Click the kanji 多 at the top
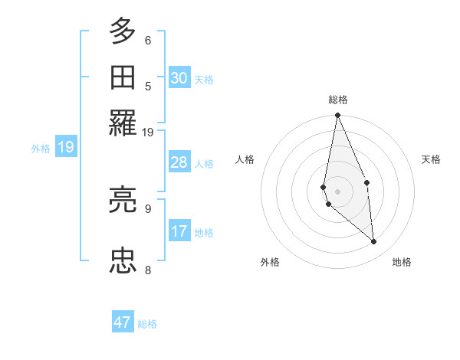click(x=123, y=31)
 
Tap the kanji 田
click(x=123, y=78)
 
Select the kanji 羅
click(x=123, y=123)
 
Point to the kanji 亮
click(x=123, y=201)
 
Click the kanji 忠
click(x=123, y=261)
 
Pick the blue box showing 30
click(x=179, y=77)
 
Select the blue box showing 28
click(x=179, y=162)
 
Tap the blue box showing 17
click(x=179, y=231)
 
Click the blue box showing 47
click(x=123, y=322)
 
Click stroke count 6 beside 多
click(x=148, y=40)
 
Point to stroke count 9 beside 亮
click(x=148, y=208)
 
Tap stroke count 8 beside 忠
click(x=148, y=269)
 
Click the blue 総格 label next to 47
click(x=147, y=324)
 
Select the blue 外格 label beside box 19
click(x=41, y=149)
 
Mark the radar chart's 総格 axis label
click(x=337, y=100)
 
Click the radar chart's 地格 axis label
click(x=402, y=262)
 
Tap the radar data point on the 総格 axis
click(x=337, y=116)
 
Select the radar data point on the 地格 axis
click(x=374, y=241)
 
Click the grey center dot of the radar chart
click(x=337, y=191)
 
